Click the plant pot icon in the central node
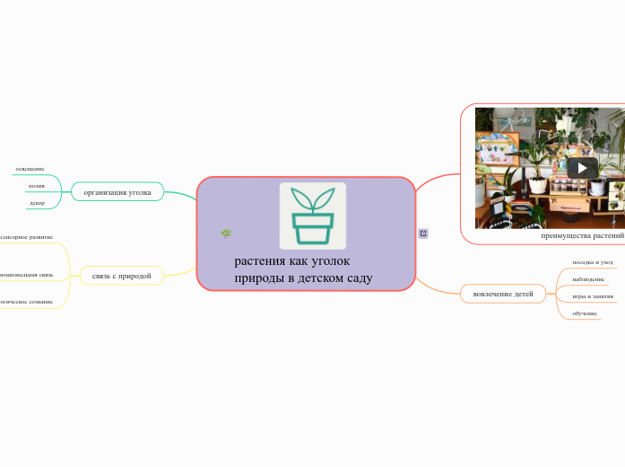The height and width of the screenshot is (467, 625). [x=312, y=216]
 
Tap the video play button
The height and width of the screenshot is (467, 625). [x=582, y=168]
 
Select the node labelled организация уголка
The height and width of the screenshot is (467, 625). [x=117, y=192]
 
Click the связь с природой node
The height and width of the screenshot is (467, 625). [x=121, y=276]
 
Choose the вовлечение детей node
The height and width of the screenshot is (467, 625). [x=502, y=294]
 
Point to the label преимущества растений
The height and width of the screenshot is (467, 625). [x=583, y=235]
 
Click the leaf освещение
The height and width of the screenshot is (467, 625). [x=30, y=169]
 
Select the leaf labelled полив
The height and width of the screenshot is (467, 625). [x=36, y=186]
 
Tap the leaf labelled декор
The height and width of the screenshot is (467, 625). [x=37, y=203]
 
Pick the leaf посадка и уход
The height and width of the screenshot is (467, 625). [x=593, y=262]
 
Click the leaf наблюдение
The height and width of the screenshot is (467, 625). [x=588, y=279]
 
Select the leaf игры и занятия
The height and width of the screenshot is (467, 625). [x=593, y=295]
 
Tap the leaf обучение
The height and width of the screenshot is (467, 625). [x=585, y=313]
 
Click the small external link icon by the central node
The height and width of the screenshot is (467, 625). [x=423, y=233]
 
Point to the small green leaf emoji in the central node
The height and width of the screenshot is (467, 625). [x=226, y=233]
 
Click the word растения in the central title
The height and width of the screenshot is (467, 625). [x=258, y=261]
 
